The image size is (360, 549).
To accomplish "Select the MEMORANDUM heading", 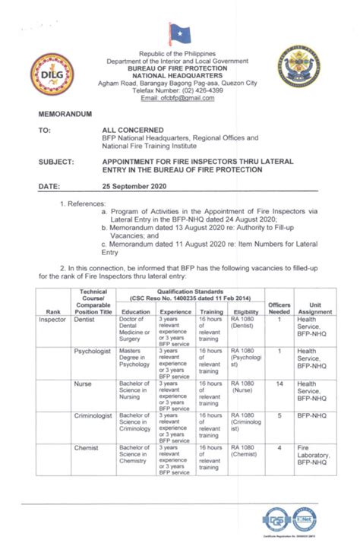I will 64,112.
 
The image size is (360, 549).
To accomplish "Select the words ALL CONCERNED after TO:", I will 135,131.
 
